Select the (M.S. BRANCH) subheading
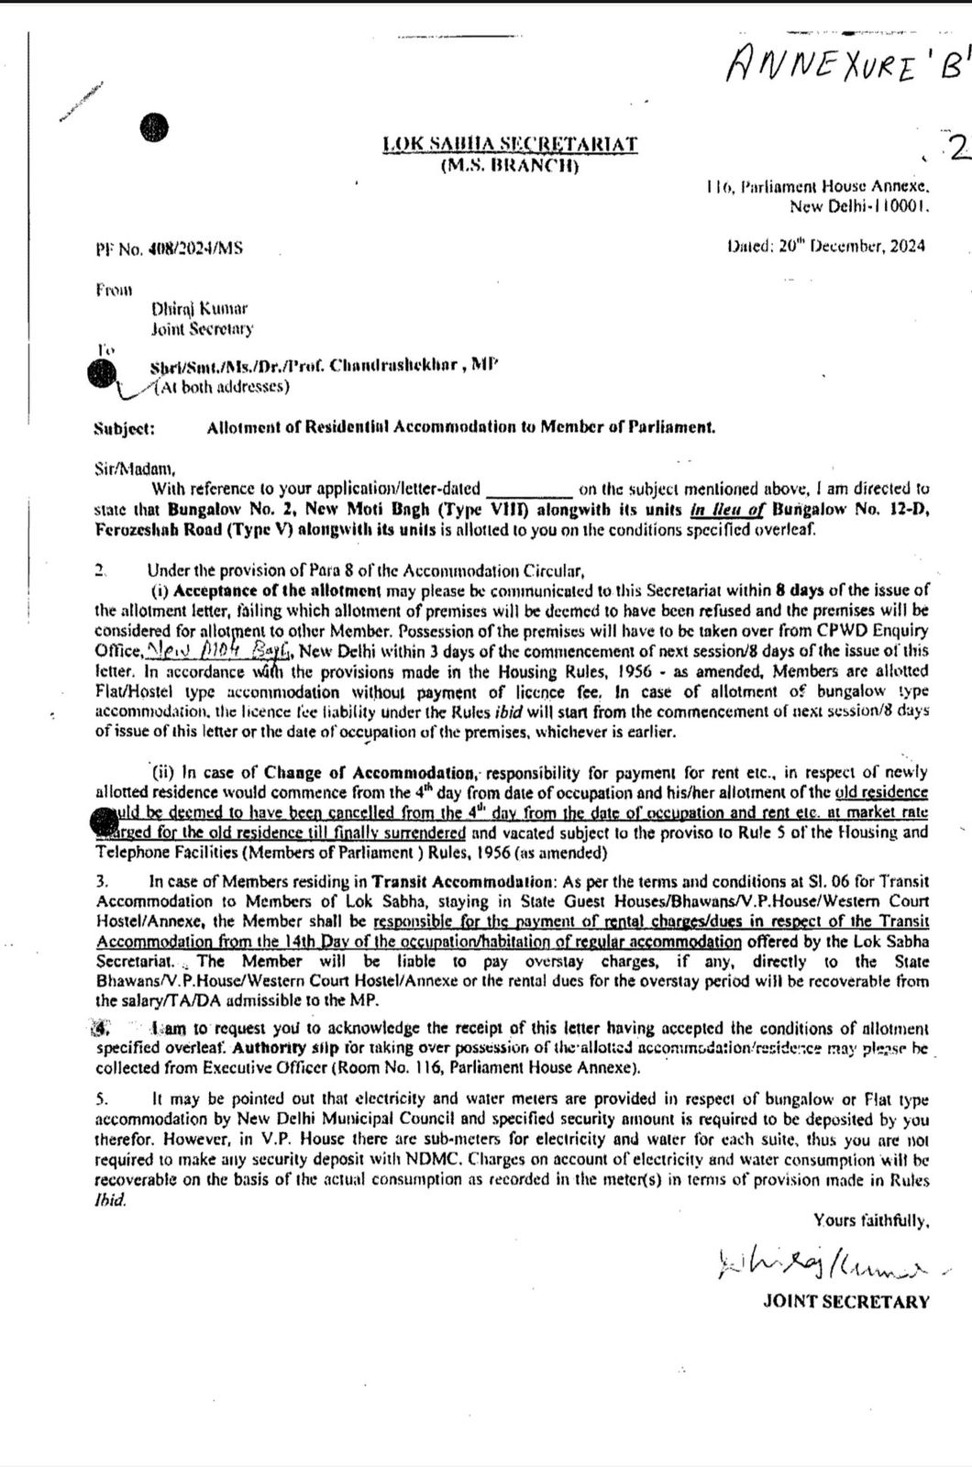(510, 166)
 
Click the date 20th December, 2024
(825, 246)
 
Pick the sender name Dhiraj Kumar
(199, 309)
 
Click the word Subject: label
(125, 427)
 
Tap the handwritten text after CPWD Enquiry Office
(219, 651)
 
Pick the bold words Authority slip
(274, 1047)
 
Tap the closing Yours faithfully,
(871, 1220)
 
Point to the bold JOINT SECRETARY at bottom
(845, 1301)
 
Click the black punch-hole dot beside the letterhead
(155, 129)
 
